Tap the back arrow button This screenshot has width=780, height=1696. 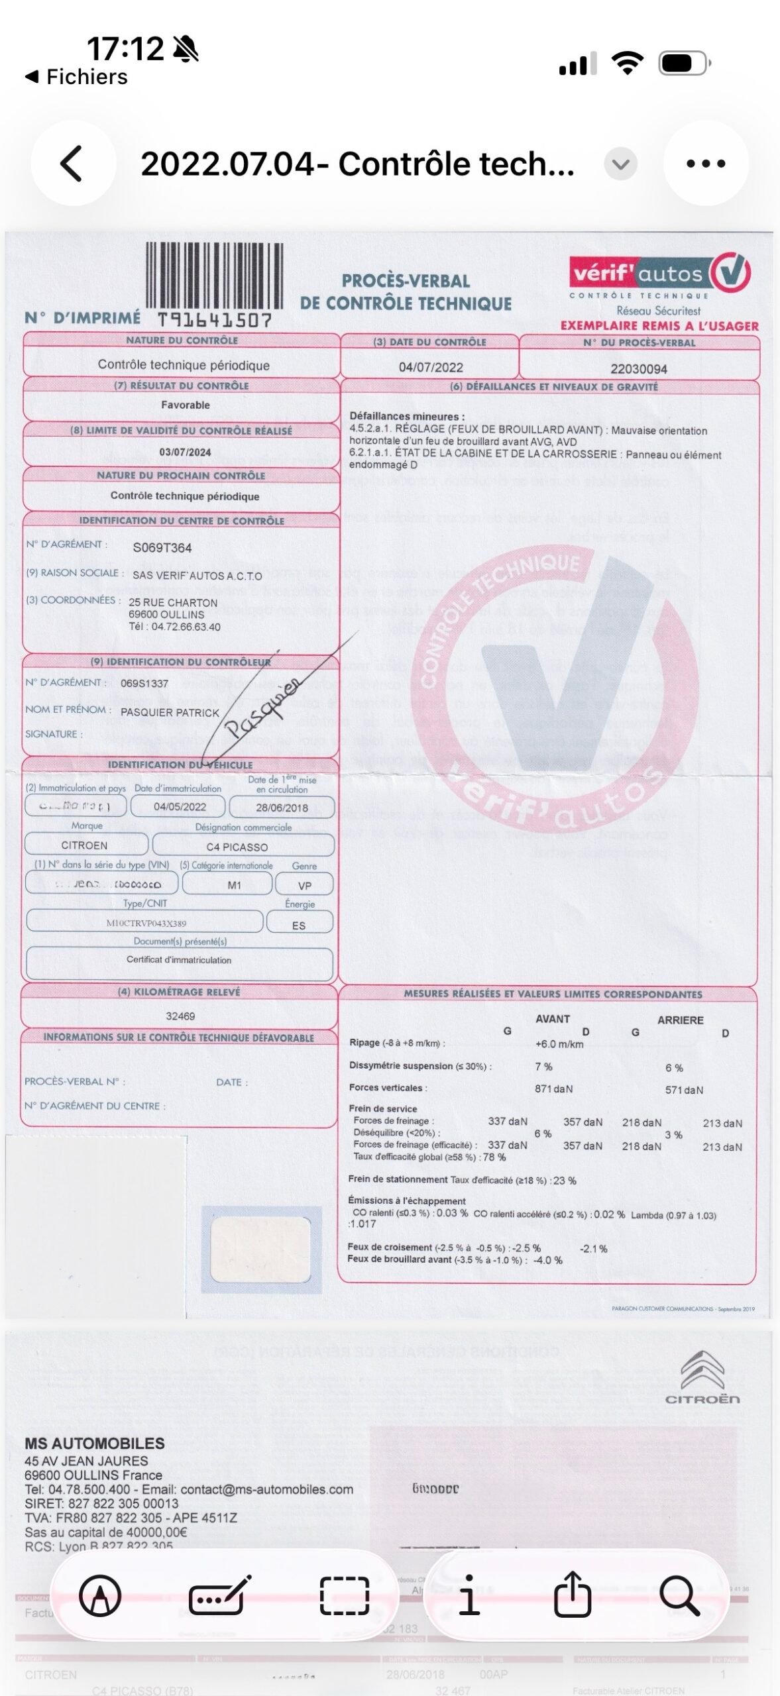click(x=72, y=164)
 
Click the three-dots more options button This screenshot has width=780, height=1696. click(x=706, y=164)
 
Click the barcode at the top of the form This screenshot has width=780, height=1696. click(x=214, y=276)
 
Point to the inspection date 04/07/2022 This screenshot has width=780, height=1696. click(x=431, y=368)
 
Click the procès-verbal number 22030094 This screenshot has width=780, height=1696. click(x=639, y=369)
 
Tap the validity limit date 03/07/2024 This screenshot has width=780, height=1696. click(x=185, y=452)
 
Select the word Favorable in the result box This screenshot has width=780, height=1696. click(x=185, y=405)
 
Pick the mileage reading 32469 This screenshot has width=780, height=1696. click(x=180, y=1016)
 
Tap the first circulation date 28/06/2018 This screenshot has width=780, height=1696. click(x=282, y=808)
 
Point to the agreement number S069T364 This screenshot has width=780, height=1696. click(x=162, y=548)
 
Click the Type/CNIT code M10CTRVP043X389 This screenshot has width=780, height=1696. click(x=146, y=923)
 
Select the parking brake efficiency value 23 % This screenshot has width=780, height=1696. click(x=564, y=1180)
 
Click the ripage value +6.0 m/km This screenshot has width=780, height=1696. click(x=559, y=1044)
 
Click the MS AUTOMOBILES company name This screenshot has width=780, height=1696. click(x=95, y=1443)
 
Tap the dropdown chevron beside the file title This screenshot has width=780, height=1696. click(x=621, y=164)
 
